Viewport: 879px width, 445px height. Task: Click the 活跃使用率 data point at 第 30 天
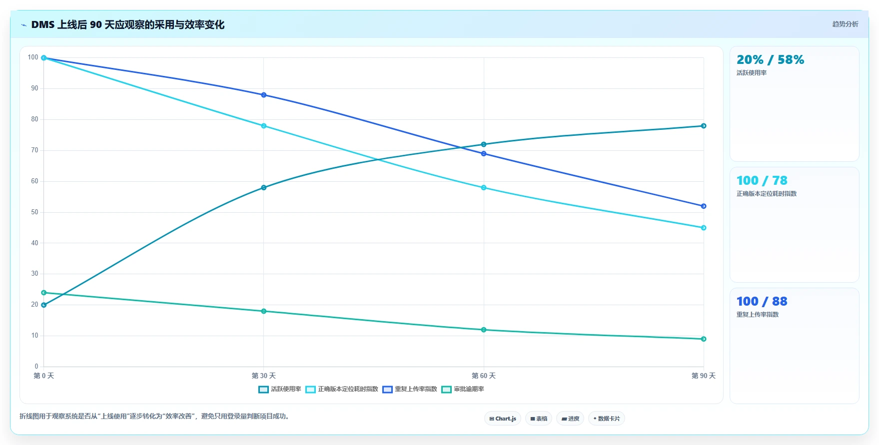[264, 188]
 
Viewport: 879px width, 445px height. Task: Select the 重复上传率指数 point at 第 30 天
[264, 95]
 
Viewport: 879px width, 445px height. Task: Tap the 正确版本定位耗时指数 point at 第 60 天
[484, 188]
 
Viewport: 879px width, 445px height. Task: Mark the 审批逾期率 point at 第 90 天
[704, 339]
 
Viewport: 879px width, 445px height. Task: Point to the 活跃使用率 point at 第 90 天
[704, 126]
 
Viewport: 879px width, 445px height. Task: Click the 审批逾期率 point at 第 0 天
[44, 293]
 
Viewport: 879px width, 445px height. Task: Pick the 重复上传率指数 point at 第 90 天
[704, 206]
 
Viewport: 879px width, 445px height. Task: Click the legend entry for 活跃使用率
[280, 389]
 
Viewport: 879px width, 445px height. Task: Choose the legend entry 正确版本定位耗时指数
[342, 389]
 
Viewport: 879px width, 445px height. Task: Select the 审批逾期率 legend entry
[463, 389]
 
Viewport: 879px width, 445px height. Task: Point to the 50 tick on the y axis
[34, 212]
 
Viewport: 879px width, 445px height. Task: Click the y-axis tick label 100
[33, 57]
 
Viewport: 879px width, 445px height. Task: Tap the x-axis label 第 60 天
[484, 376]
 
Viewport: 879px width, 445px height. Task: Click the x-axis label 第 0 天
[44, 376]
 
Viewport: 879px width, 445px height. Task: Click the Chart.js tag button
[503, 419]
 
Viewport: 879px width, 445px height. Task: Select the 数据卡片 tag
[607, 419]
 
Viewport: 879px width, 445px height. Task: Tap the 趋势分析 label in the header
[845, 24]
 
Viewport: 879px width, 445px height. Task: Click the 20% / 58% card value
[770, 60]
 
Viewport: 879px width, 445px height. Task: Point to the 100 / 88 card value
[762, 301]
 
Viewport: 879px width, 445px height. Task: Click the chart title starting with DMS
[128, 24]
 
